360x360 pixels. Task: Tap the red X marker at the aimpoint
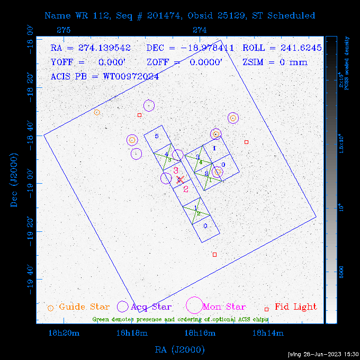pos(181,179)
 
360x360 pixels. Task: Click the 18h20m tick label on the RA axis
pos(64,333)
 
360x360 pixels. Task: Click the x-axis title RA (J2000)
pos(179,350)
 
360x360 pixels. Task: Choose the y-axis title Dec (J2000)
pos(15,180)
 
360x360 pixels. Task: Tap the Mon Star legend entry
pos(224,307)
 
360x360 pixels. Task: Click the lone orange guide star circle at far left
pos(96,112)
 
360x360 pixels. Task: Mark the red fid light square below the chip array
pos(214,255)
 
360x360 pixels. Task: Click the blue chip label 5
pos(157,136)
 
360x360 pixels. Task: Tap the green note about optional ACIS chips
pos(180,319)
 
